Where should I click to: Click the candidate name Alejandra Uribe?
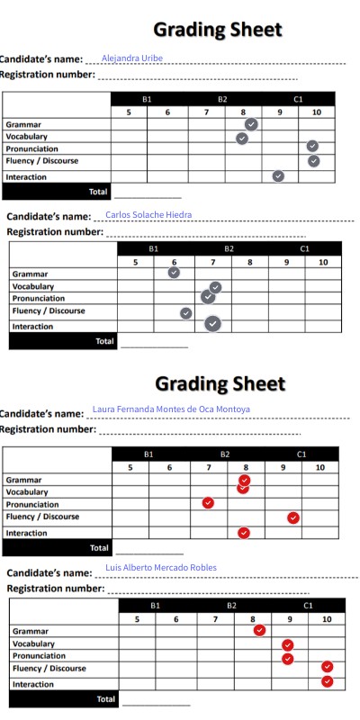pyautogui.click(x=132, y=58)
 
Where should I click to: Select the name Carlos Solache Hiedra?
pyautogui.click(x=148, y=215)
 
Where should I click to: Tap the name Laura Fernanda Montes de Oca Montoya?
pyautogui.click(x=171, y=409)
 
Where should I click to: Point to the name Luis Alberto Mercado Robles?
pyautogui.click(x=161, y=568)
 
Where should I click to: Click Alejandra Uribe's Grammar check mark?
pyautogui.click(x=251, y=124)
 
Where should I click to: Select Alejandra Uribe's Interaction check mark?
pyautogui.click(x=278, y=176)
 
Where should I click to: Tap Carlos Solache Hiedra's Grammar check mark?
pyautogui.click(x=174, y=272)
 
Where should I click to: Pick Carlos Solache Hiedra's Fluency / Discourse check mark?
pyautogui.click(x=186, y=313)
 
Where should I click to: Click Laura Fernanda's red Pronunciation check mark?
pyautogui.click(x=209, y=503)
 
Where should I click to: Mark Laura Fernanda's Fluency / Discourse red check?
pyautogui.click(x=293, y=517)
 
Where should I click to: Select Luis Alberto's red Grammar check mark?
pyautogui.click(x=259, y=630)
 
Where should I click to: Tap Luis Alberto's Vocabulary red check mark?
pyautogui.click(x=288, y=644)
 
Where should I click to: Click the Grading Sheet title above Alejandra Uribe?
pyautogui.click(x=218, y=30)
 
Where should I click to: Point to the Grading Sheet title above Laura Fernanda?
pyautogui.click(x=220, y=384)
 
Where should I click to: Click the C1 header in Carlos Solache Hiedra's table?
pyautogui.click(x=304, y=248)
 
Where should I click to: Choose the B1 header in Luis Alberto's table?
pyautogui.click(x=156, y=606)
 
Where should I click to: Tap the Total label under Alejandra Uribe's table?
pyautogui.click(x=97, y=192)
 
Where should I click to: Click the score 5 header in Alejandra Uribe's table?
pyautogui.click(x=129, y=112)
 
